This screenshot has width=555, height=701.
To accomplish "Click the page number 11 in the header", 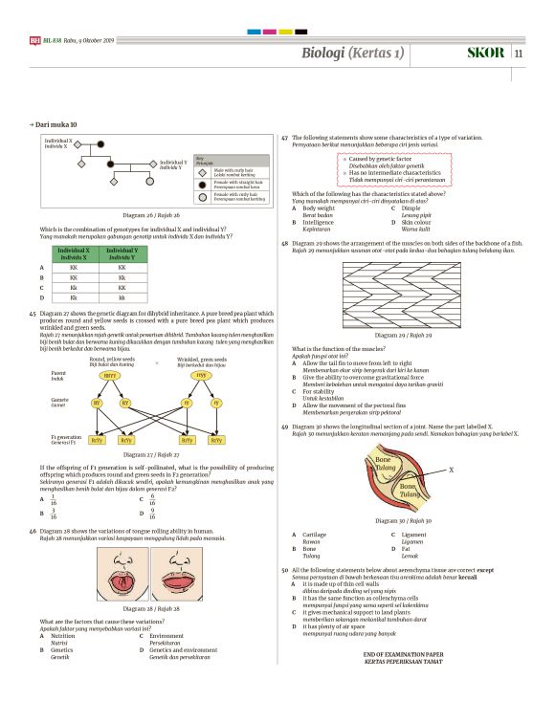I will point(519,53).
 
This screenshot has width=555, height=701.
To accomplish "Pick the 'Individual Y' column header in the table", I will point(122,254).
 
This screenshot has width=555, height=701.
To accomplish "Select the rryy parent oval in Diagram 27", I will point(202,376).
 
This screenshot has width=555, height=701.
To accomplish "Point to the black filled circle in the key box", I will point(201,184).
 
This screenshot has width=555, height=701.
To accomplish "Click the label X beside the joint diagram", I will point(451,470).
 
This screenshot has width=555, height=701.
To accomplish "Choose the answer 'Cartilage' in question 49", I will point(314,534).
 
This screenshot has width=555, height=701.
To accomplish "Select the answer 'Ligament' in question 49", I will point(414,534).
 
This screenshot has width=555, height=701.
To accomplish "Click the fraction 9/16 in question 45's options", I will point(153,512).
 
